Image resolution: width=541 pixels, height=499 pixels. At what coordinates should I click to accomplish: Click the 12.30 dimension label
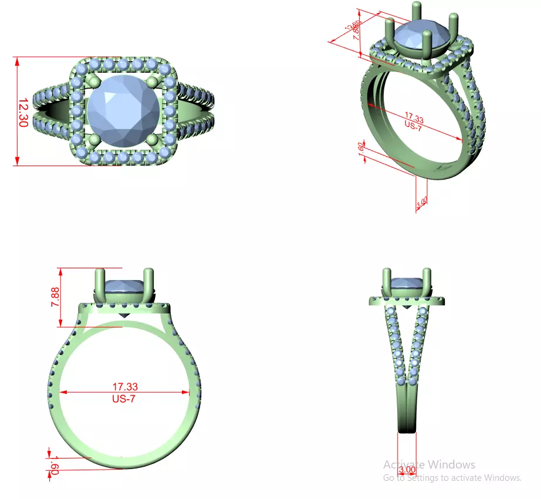[23, 112]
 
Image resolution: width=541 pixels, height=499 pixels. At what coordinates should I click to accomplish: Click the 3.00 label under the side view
[407, 470]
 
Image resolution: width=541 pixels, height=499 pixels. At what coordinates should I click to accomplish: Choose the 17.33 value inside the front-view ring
[125, 386]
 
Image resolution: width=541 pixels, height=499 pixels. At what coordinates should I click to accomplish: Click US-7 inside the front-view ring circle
[125, 398]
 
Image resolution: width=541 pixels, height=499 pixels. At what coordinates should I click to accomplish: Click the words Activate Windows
[429, 464]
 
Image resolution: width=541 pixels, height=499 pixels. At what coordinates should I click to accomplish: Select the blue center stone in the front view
[124, 287]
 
